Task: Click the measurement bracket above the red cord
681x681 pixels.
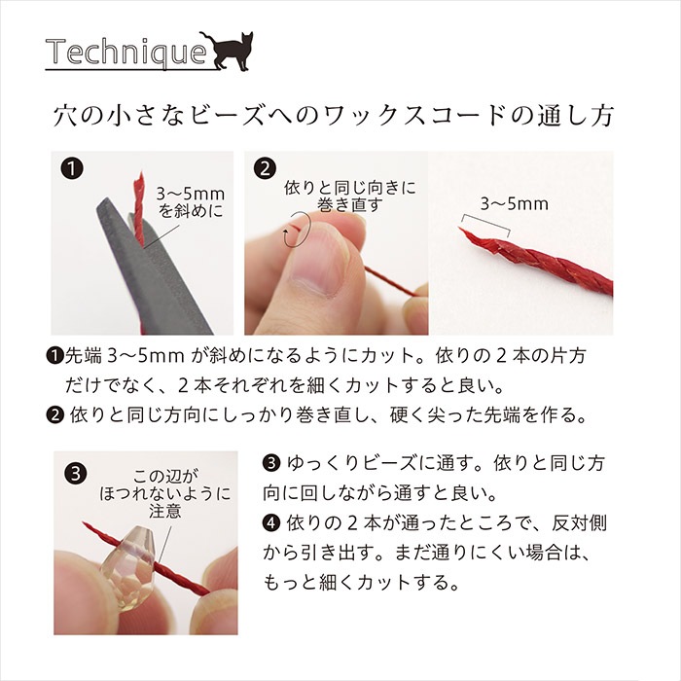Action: coord(485,225)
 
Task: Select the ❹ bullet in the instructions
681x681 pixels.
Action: coord(272,523)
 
